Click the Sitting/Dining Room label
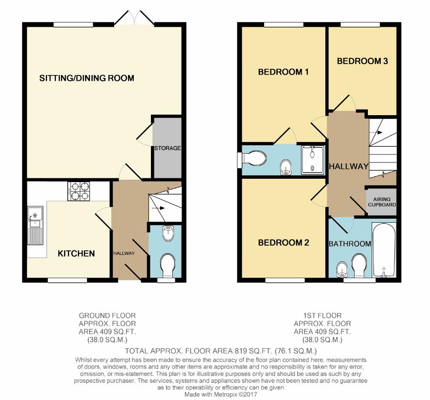coord(86,78)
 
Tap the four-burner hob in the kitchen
coord(79,191)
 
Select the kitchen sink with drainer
coord(35,226)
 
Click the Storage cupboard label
coord(168,148)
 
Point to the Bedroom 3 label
coord(362,61)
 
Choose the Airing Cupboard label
coord(382,202)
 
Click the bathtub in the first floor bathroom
coord(384,250)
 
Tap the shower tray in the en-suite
coord(312,160)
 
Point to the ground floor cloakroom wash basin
coord(168,233)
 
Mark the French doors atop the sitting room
coord(134,18)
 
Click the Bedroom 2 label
coord(283,242)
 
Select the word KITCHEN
coord(76,253)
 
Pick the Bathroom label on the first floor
coord(350,244)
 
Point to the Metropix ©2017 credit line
coord(220,395)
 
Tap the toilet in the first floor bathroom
coord(359,266)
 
